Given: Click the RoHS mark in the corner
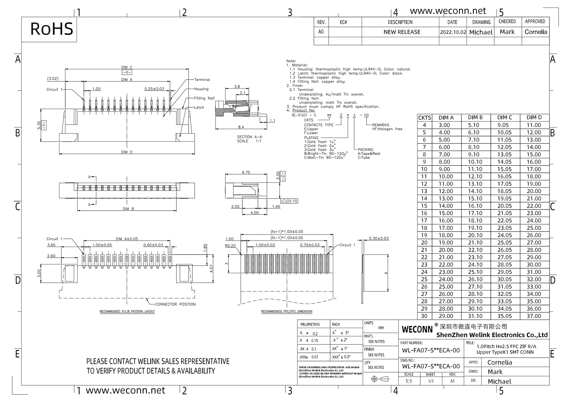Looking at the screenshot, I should (x=51, y=29).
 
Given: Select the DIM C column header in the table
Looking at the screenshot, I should (x=504, y=117).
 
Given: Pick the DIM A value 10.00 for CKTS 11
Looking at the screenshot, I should (x=445, y=177).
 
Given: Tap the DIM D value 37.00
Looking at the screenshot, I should (x=534, y=316).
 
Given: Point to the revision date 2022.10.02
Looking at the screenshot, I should (x=453, y=32).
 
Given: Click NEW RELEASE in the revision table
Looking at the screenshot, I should (x=402, y=32).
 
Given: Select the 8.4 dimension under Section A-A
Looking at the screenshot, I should (x=241, y=127).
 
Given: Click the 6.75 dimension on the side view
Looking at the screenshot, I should (x=246, y=172).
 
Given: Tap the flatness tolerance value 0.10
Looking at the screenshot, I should (x=293, y=201).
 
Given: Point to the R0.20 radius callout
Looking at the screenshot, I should (x=230, y=246).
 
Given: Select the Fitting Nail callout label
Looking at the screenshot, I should (x=204, y=98).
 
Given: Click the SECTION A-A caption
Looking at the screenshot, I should (x=249, y=137).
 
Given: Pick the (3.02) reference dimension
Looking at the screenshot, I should (x=53, y=79).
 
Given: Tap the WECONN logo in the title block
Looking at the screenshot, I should (x=417, y=330).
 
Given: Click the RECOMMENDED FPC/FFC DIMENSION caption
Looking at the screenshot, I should (x=287, y=311).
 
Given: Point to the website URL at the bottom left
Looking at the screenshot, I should (x=125, y=390).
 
